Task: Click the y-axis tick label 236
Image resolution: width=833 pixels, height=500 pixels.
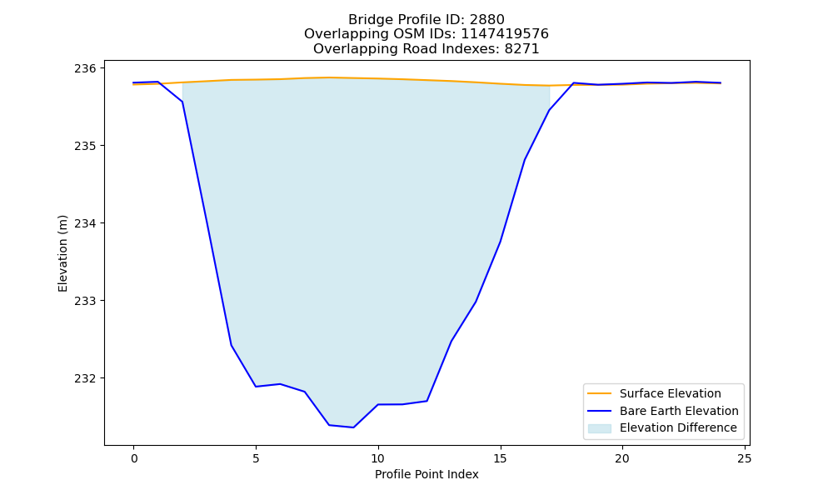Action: coord(85,68)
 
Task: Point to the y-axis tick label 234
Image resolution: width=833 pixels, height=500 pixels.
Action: coord(85,223)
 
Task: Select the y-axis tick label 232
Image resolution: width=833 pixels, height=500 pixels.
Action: coord(85,378)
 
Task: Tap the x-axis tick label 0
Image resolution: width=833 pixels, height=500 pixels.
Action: coord(134,458)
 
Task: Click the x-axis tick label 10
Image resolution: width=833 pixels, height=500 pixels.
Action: coord(377,458)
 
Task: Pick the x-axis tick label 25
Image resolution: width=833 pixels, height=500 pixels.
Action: coord(745,458)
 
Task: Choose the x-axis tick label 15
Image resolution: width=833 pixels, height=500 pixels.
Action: coord(500,458)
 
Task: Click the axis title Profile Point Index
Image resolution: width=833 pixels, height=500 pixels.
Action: coord(426,474)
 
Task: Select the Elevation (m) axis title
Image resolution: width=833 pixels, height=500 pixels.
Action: coord(62,253)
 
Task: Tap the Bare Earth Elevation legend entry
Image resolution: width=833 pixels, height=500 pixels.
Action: coord(663,411)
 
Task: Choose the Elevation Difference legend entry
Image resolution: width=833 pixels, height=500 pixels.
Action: coord(662,427)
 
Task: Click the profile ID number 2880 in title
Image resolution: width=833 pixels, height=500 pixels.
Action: coord(487,20)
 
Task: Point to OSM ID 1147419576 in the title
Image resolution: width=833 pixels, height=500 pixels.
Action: coord(505,34)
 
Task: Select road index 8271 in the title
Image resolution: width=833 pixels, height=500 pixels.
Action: coord(521,49)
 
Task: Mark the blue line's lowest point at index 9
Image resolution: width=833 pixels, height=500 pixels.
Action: coord(353,427)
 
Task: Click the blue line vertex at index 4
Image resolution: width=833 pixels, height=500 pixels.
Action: coord(231,345)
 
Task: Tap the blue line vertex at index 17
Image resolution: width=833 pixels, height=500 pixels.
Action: coord(549,110)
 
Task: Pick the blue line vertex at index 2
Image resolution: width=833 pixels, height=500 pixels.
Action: coord(182,102)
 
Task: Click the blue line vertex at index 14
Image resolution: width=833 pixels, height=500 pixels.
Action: coord(476,302)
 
